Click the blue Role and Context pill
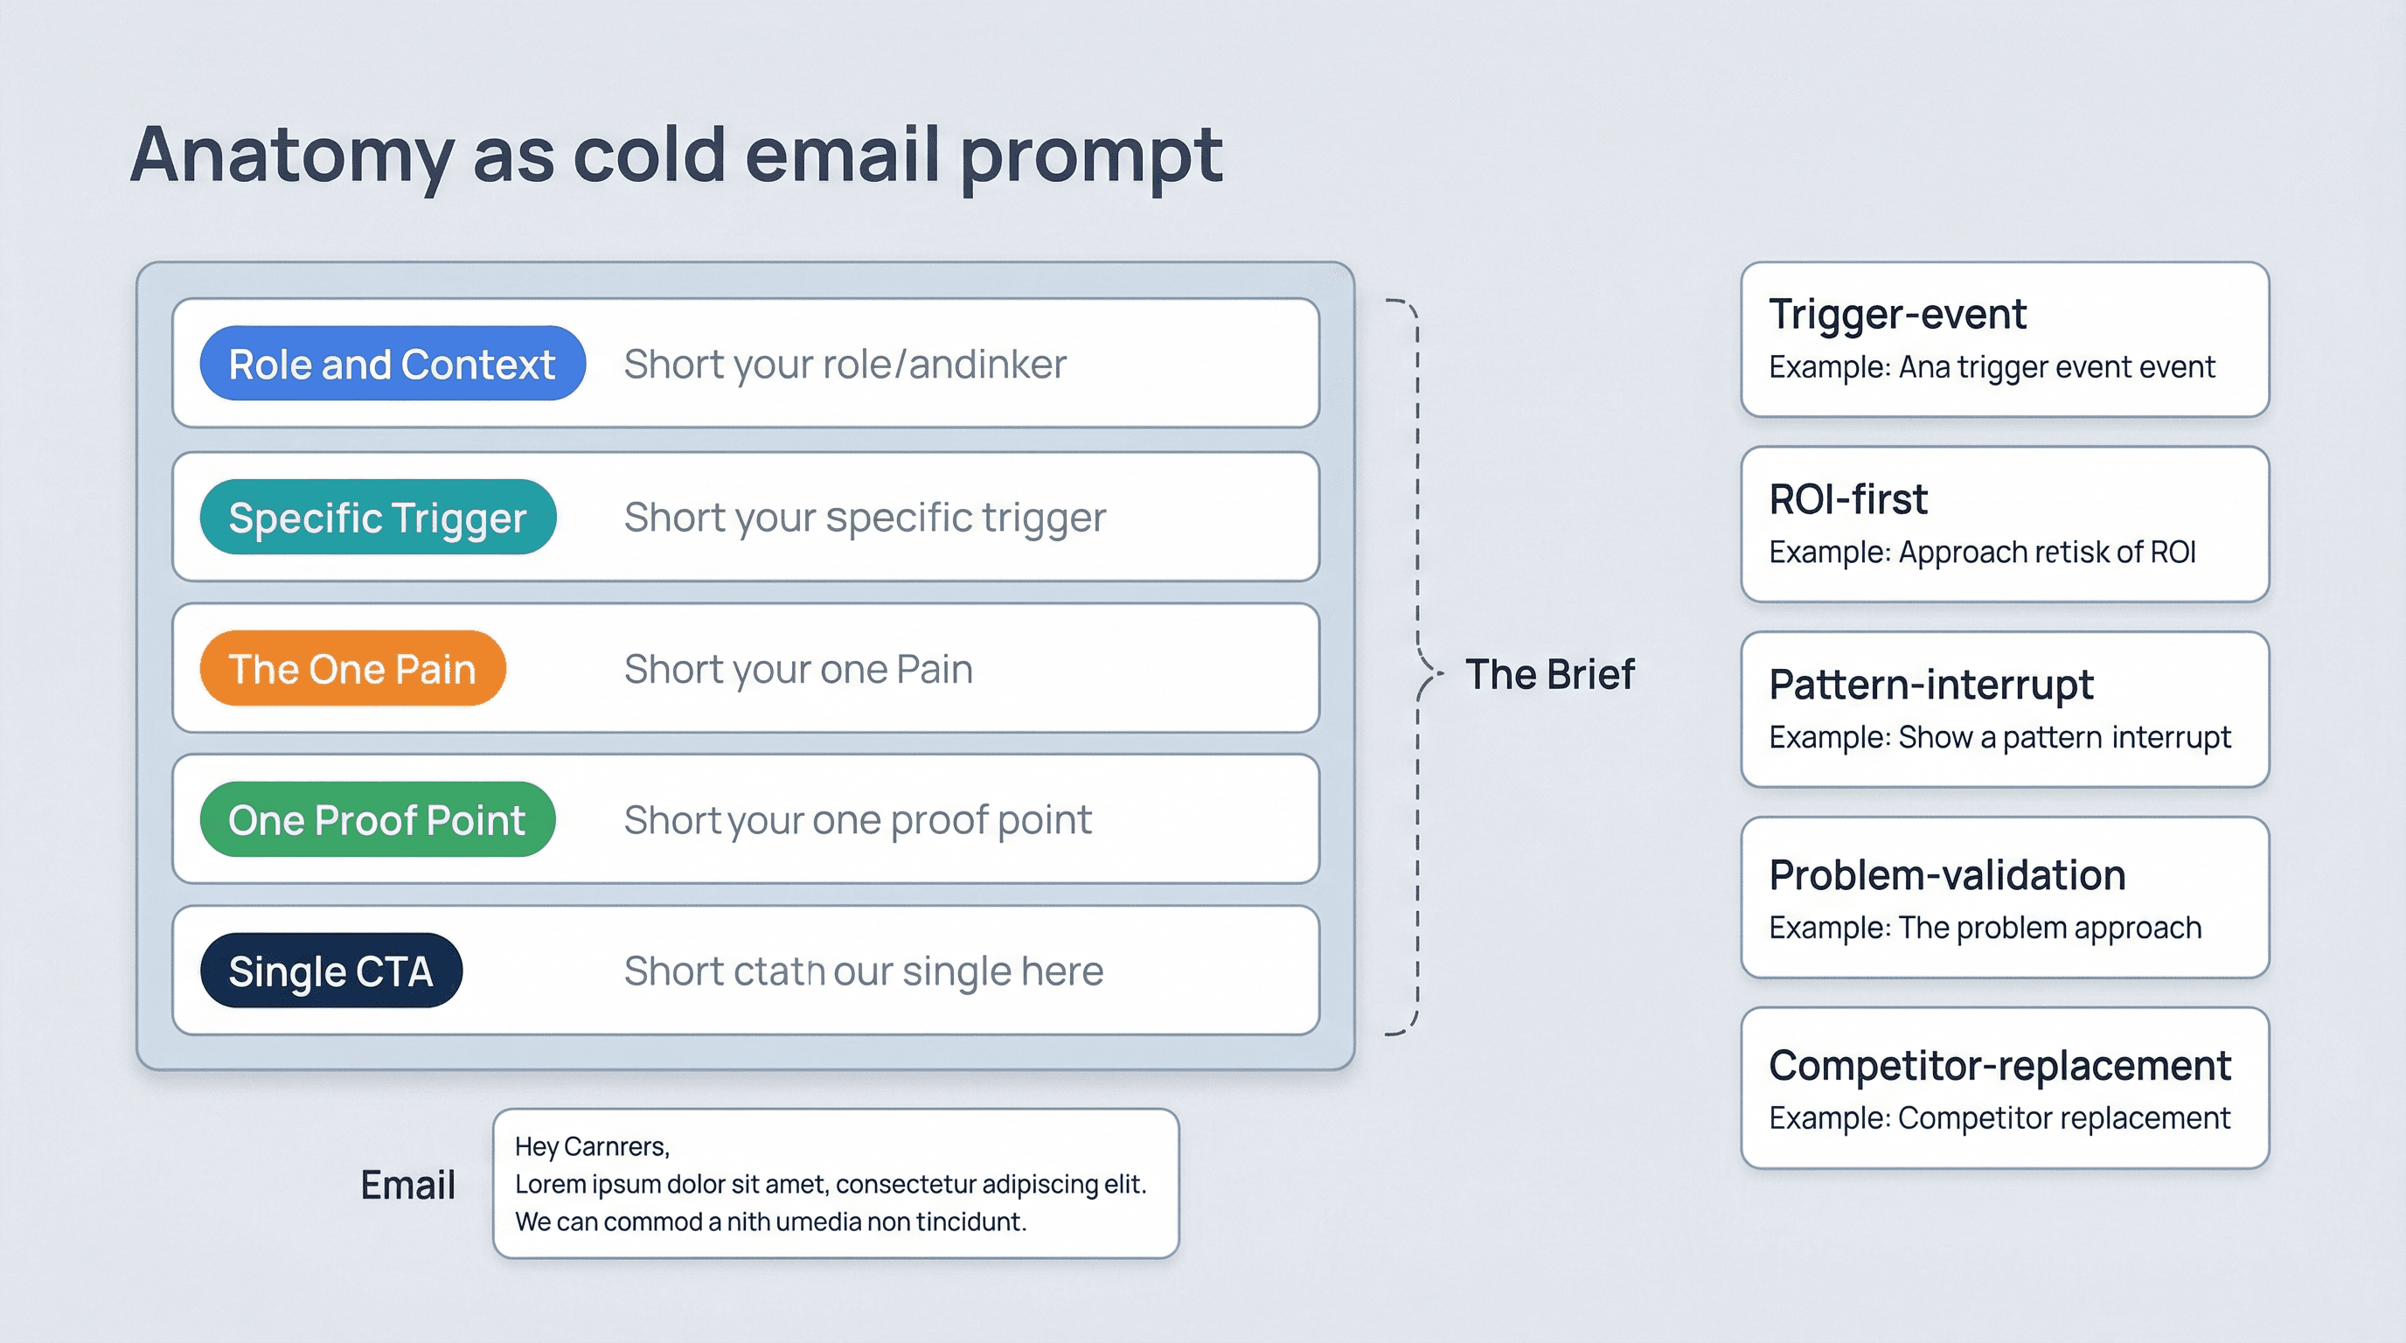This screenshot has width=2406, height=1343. pos(393,364)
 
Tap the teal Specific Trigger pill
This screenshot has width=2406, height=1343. pos(378,517)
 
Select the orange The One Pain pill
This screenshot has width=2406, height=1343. pos(352,669)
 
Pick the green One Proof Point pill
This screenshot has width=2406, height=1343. pos(377,819)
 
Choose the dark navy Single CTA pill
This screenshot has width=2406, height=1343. pos(330,971)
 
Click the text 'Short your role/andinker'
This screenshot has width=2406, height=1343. pos(845,364)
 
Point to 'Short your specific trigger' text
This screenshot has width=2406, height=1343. pos(864,517)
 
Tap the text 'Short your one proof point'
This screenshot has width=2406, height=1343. pos(858,819)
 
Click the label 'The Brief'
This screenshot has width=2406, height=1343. pos(1549,673)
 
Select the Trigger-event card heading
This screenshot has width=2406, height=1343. pos(1897,314)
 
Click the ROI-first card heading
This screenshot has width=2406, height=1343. pos(1847,498)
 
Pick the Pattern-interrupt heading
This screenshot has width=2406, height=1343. pos(1930,685)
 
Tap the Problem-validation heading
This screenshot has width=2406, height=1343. pos(1946,875)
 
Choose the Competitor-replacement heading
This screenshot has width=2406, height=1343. pos(1999,1065)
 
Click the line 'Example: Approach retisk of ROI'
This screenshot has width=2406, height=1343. pos(1982,552)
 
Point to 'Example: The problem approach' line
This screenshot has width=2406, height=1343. pos(1985,928)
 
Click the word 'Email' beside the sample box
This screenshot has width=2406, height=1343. pos(407,1184)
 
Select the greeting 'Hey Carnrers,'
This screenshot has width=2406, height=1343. pos(591,1146)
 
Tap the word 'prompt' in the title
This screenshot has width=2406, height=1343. pos(1091,155)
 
